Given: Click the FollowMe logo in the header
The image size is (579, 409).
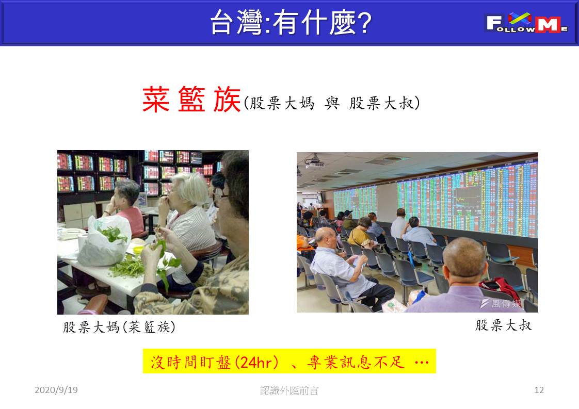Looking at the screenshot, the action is point(526,23).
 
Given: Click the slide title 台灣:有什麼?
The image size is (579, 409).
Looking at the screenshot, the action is point(291,23).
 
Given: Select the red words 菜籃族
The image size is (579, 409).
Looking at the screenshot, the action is point(191,100).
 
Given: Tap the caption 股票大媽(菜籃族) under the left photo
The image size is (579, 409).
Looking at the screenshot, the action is point(119,327).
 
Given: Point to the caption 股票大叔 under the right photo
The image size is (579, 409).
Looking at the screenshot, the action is point(503,325).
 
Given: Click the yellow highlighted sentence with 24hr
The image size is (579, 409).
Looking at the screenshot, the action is point(289,362).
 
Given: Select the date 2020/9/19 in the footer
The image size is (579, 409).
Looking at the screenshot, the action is point(56,390).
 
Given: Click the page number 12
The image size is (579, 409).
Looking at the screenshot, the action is point(539,390).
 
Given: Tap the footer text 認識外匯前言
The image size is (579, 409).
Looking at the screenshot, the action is point(289,390).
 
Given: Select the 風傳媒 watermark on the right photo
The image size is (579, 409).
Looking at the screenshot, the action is point(501,303).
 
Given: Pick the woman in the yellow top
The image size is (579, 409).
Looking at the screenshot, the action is point(360,232).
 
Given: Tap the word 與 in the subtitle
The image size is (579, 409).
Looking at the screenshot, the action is point(332,103).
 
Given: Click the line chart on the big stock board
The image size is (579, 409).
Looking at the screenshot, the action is point(468,200).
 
